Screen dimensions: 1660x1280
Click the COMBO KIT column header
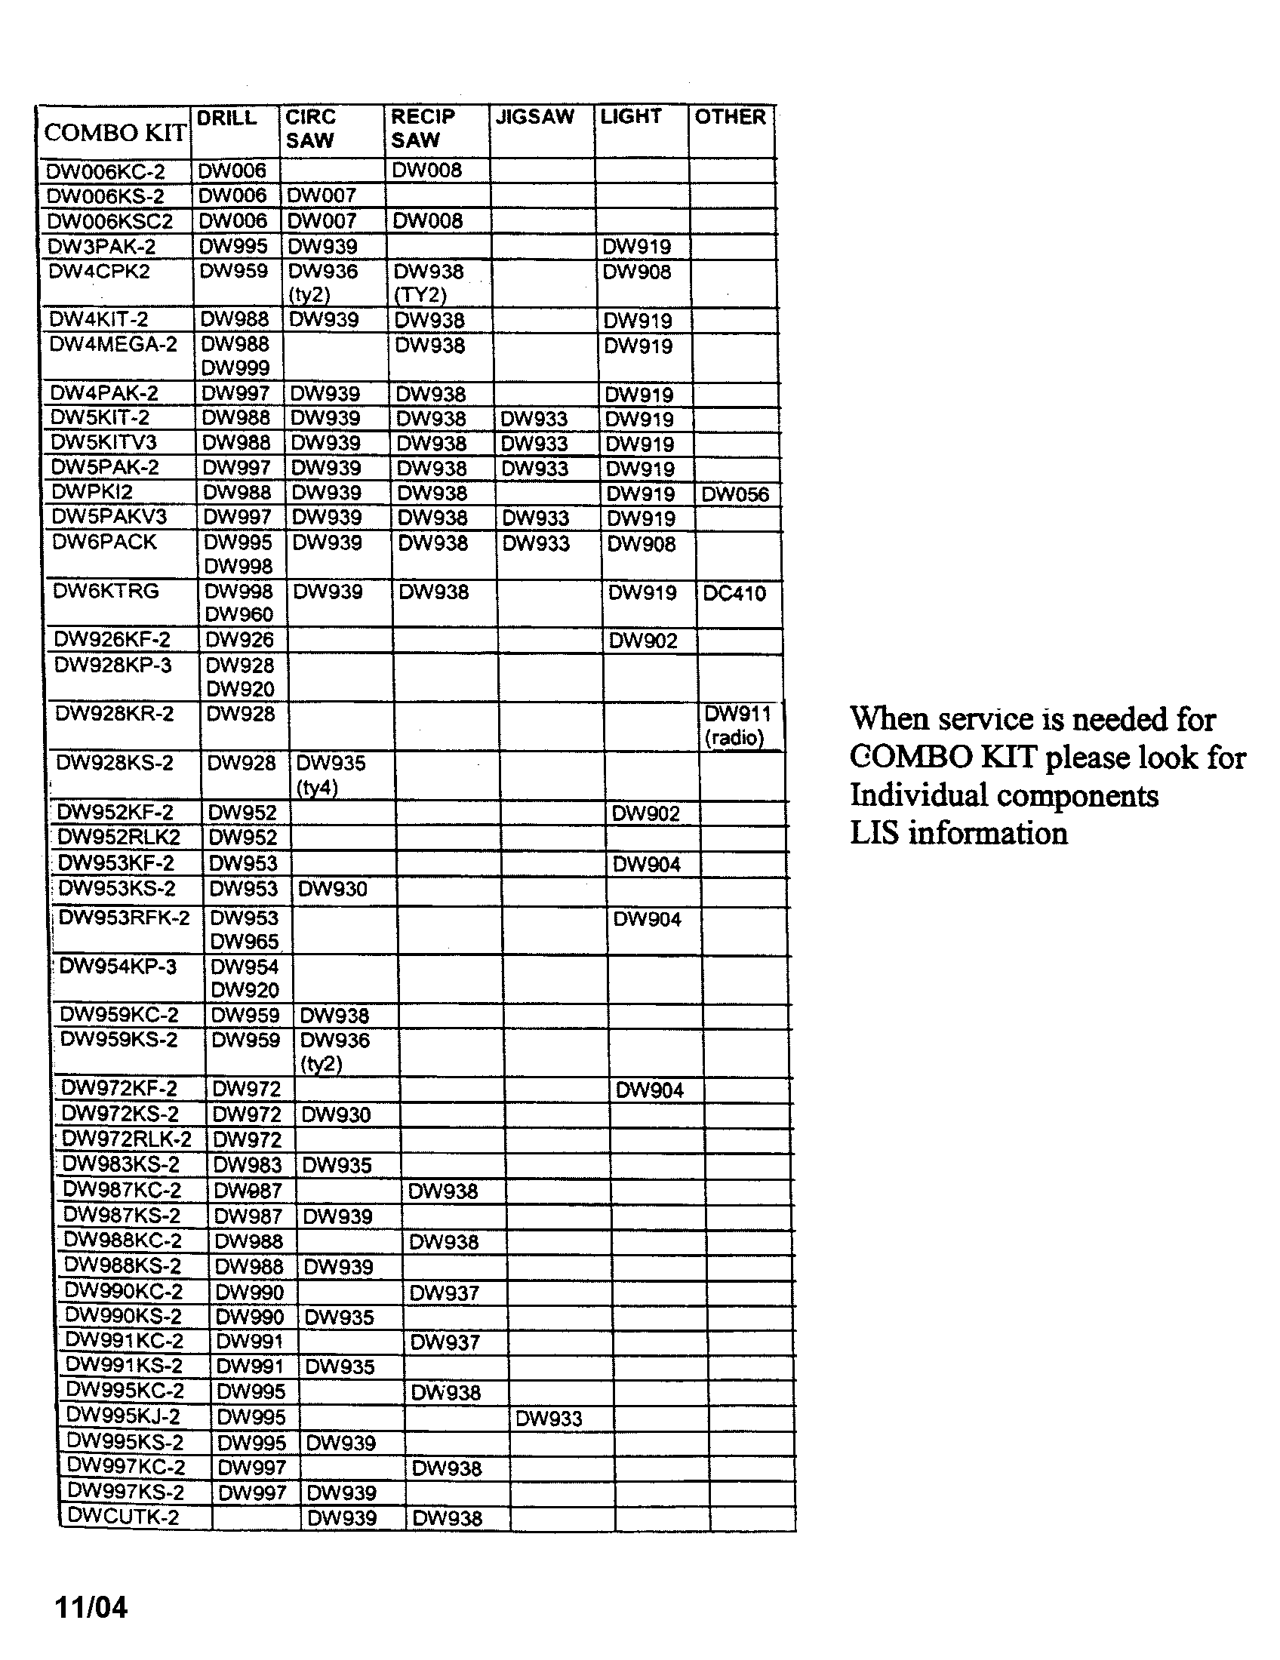[115, 133]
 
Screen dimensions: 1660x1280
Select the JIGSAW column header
[534, 117]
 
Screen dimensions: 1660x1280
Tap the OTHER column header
[730, 117]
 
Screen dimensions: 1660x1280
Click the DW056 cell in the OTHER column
[735, 495]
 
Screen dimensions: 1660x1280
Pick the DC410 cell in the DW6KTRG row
[734, 594]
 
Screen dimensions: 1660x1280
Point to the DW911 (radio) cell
[737, 725]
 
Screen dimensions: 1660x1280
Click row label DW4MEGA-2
[113, 345]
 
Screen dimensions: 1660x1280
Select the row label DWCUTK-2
[123, 1517]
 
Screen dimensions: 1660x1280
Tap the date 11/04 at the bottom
[91, 1607]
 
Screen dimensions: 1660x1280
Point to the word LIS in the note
[873, 834]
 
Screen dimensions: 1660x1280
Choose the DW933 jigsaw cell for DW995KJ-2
[548, 1419]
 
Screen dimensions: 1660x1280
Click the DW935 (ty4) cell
[331, 774]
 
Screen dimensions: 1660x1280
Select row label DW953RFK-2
[124, 918]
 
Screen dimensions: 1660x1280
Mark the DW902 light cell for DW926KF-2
[643, 641]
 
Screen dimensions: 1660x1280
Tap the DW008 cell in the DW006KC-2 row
[427, 171]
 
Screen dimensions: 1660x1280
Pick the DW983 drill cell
[248, 1165]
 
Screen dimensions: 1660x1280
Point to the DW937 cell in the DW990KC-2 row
[444, 1292]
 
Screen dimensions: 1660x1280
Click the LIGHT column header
[630, 117]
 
